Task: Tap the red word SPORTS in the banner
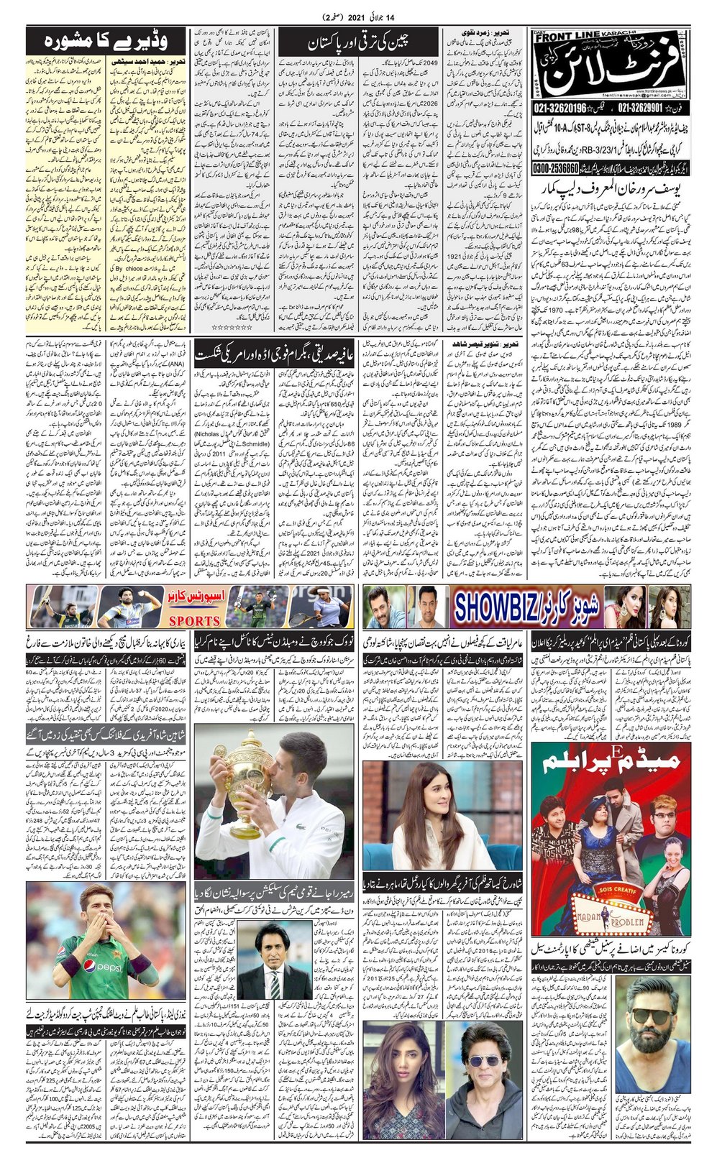(x=194, y=620)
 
